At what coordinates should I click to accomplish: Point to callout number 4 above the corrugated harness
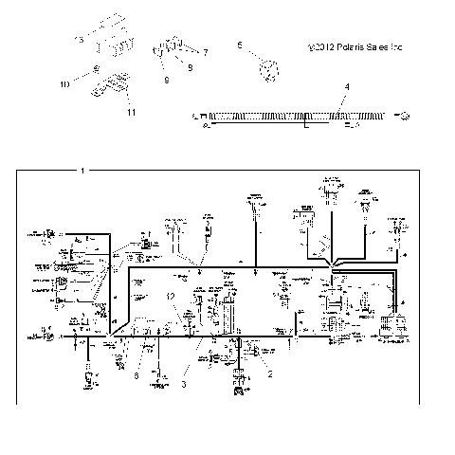[347, 86]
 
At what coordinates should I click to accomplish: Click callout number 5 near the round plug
[240, 45]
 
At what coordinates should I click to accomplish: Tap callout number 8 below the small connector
[167, 81]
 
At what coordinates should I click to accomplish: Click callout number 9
[189, 67]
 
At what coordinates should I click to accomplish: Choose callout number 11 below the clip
[131, 113]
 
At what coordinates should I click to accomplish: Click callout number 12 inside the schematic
[171, 298]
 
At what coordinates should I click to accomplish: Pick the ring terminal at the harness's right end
[405, 116]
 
